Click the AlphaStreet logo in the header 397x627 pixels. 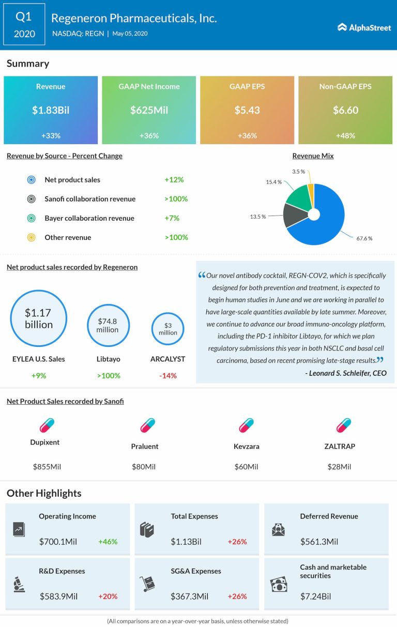point(364,27)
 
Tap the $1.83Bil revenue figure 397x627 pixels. point(51,110)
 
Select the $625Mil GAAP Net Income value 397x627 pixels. point(149,110)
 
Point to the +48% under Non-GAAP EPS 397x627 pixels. point(345,135)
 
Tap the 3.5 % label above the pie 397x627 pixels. point(299,171)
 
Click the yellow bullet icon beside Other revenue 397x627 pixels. point(31,238)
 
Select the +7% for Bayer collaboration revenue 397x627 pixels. point(172,218)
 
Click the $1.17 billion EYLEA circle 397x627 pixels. point(39,318)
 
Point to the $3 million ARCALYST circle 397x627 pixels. point(168,329)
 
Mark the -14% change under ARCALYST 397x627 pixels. point(167,376)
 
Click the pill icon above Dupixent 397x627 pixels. point(47,425)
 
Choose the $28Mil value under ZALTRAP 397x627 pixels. point(339,467)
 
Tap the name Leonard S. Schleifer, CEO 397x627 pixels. point(348,373)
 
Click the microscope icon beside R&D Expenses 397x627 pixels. point(19,584)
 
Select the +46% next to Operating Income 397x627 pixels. point(108,542)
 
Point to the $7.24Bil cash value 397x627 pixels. point(315,597)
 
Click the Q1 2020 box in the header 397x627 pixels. point(24,25)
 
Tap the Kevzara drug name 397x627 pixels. point(246,446)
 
